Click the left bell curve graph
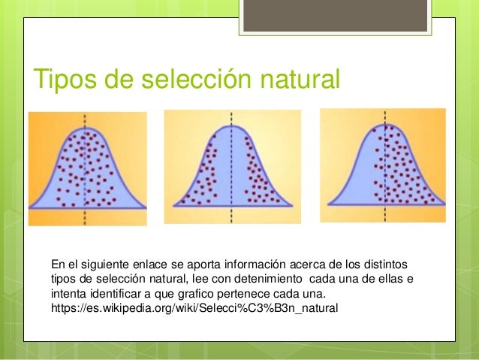pyautogui.click(x=87, y=168)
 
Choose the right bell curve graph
pyautogui.click(x=383, y=165)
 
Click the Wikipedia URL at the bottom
pyautogui.click(x=194, y=308)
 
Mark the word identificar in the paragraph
pyautogui.click(x=122, y=294)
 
